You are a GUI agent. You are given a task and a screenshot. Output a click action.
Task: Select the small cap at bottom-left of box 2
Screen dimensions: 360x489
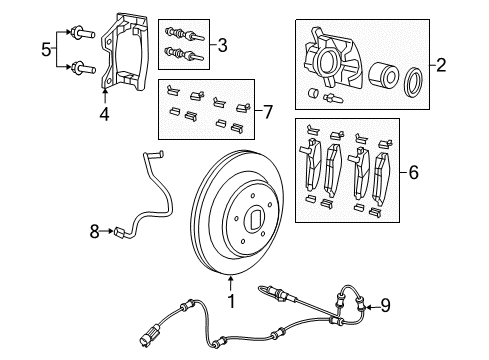click(x=315, y=95)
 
